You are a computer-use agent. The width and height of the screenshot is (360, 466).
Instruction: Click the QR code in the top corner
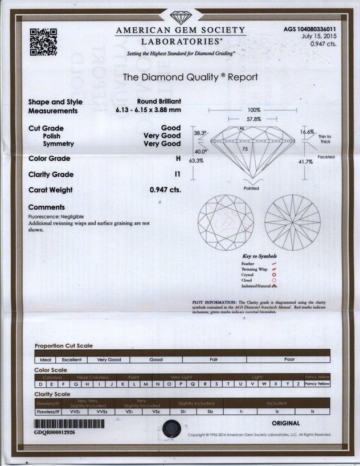click(43, 42)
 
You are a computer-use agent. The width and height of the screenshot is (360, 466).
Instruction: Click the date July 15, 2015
click(317, 36)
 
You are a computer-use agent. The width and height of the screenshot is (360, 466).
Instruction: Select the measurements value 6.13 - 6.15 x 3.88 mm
click(148, 111)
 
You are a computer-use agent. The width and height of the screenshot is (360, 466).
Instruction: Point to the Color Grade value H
click(178, 158)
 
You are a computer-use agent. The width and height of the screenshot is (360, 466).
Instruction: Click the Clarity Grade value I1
click(177, 174)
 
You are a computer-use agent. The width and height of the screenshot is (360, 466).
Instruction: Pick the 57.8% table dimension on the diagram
click(253, 119)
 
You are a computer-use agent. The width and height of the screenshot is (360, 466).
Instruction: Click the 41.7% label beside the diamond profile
click(305, 162)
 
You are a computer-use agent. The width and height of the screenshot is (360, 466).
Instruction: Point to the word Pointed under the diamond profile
click(251, 188)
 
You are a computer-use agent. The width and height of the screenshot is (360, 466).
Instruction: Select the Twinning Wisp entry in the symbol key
click(255, 269)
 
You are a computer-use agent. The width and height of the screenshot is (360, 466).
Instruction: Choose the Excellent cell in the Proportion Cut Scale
click(72, 360)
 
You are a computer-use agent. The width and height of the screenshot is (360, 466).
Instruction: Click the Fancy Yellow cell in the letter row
click(317, 384)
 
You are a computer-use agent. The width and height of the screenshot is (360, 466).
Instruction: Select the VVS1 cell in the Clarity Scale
click(72, 411)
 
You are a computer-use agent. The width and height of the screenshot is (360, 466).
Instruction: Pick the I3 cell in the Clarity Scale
click(312, 411)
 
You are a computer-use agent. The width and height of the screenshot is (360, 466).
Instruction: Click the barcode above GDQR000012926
click(69, 424)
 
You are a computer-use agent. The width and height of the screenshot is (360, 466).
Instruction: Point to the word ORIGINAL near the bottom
click(286, 423)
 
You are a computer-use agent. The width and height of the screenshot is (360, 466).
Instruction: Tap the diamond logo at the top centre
click(180, 15)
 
